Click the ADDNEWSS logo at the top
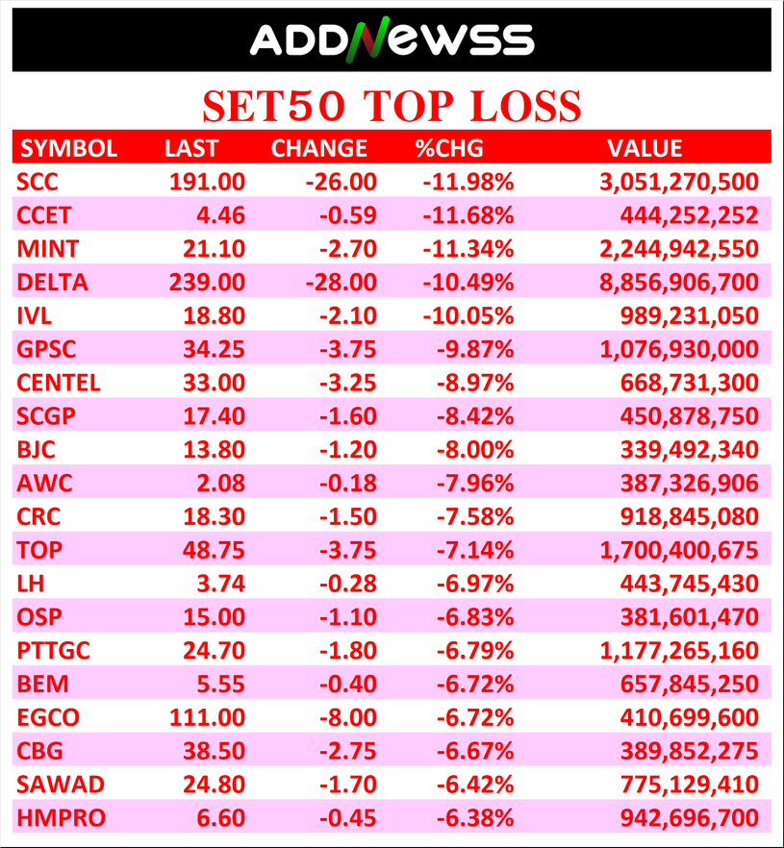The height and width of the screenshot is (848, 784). click(x=392, y=38)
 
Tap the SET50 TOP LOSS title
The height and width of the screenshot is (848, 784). click(x=392, y=105)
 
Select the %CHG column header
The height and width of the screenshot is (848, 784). click(x=450, y=148)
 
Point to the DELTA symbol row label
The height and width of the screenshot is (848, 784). click(x=52, y=283)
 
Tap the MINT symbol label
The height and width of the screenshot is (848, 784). click(x=48, y=249)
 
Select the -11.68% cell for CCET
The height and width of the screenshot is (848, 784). click(x=467, y=215)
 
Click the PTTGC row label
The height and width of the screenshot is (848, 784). click(x=54, y=651)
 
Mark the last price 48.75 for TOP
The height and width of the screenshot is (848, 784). click(x=214, y=550)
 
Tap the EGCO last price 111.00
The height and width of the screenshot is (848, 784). click(x=205, y=717)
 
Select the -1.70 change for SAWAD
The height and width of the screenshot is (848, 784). click(x=349, y=785)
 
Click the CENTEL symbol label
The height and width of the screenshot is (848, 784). click(x=59, y=383)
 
